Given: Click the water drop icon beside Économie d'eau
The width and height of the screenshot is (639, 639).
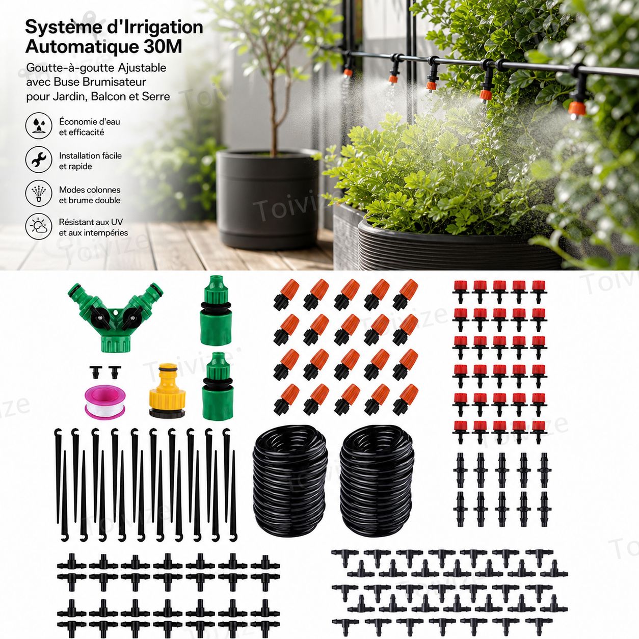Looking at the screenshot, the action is click(39, 125).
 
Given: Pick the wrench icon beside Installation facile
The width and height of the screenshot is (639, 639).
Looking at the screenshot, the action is click(39, 159).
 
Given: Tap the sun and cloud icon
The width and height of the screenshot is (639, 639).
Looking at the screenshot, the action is click(39, 226).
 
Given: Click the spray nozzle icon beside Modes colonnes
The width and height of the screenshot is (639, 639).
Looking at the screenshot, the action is click(39, 193).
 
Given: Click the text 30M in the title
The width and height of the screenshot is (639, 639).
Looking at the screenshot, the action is click(163, 47).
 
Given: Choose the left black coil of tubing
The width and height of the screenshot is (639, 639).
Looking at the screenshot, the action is click(290, 480).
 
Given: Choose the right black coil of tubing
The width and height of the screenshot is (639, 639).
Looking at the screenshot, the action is click(377, 480).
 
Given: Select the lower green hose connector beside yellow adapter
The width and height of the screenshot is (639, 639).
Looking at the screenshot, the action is click(217, 386).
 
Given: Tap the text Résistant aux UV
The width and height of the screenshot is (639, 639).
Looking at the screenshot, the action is click(91, 222).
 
